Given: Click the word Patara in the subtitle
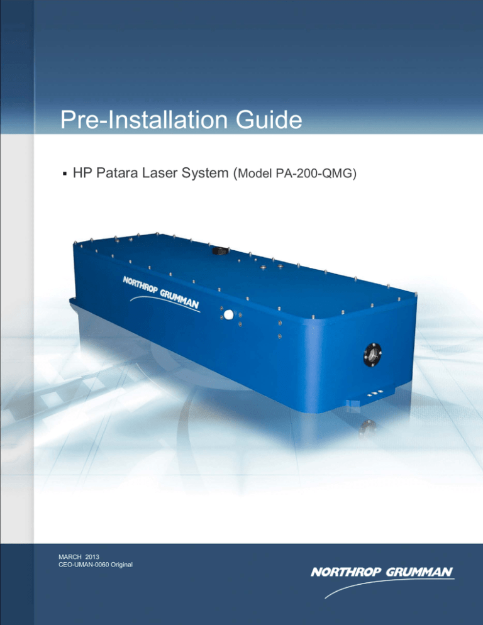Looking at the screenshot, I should click(x=127, y=172).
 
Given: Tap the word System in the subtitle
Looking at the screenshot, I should click(x=216, y=172).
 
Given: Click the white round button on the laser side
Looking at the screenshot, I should click(x=228, y=314).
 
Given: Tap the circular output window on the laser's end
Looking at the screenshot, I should click(x=371, y=356).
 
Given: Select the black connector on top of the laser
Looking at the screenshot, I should click(x=219, y=250).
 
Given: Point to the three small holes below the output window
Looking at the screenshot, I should click(x=372, y=394).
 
